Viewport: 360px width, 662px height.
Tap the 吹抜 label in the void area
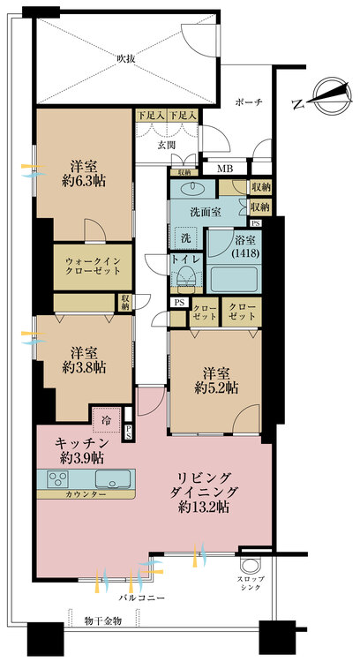point(126,59)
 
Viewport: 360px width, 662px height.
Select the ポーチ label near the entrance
point(249,102)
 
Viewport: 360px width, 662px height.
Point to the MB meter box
point(224,169)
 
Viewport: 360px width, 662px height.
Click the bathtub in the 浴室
point(234,279)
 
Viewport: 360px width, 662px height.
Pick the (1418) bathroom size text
point(244,253)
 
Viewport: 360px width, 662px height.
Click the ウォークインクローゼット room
point(93,267)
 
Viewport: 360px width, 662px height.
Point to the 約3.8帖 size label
point(84,367)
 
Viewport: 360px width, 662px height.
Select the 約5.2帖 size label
point(216,388)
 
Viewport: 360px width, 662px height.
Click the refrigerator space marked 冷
point(107,420)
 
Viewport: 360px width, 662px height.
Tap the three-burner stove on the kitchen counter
point(58,479)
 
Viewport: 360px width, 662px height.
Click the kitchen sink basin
point(113,478)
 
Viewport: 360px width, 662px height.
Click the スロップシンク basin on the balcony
point(251,566)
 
